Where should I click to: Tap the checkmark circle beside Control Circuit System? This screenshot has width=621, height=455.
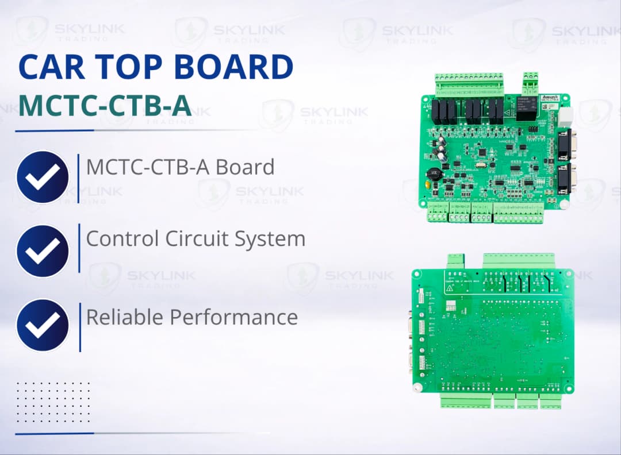pyautogui.click(x=43, y=251)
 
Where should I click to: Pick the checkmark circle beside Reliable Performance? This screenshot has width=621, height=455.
pyautogui.click(x=43, y=325)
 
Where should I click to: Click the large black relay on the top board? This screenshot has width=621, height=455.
pyautogui.click(x=527, y=109)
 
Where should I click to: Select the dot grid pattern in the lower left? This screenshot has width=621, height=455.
pyautogui.click(x=53, y=402)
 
